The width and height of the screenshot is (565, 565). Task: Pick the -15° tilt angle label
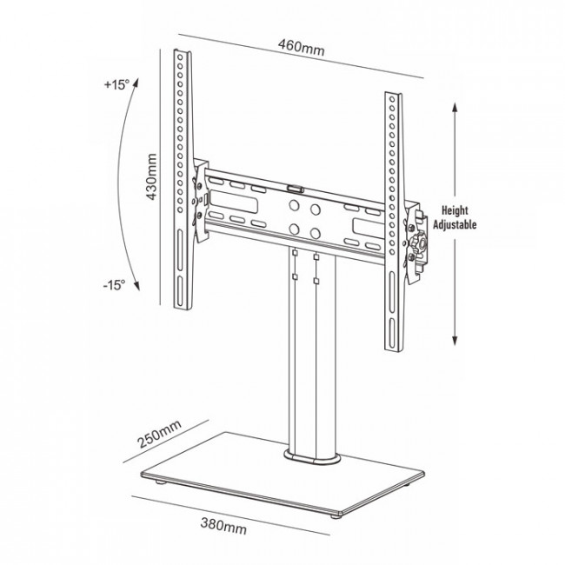114,284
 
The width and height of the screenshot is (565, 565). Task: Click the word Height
455,210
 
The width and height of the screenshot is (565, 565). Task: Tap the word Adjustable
455,223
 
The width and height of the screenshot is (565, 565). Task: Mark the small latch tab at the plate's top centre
295,185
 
